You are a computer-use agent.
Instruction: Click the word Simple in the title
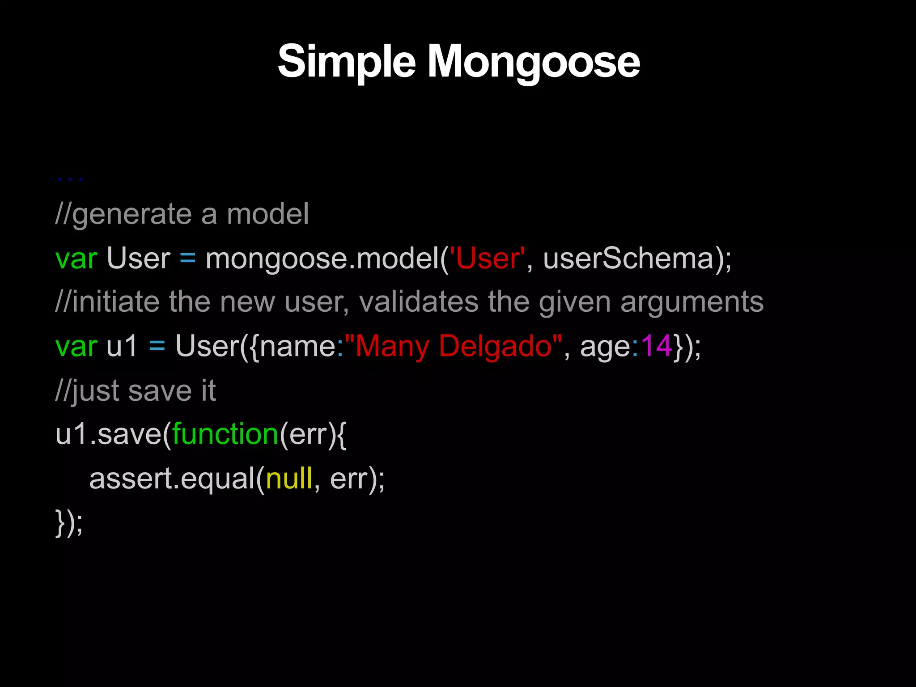(x=347, y=62)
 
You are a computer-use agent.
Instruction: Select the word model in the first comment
(x=267, y=214)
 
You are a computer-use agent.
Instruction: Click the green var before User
(x=76, y=259)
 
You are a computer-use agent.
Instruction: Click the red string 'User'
(x=487, y=259)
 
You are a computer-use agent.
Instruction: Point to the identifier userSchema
(x=628, y=259)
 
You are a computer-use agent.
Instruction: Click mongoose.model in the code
(x=322, y=259)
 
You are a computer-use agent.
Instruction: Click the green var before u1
(x=76, y=346)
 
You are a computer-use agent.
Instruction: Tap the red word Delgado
(x=496, y=346)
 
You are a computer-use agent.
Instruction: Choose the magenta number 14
(x=656, y=346)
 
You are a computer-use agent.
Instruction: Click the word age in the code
(x=605, y=346)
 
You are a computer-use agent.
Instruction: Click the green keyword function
(x=225, y=434)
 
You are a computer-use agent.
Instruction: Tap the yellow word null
(x=289, y=479)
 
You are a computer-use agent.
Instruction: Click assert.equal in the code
(x=172, y=479)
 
